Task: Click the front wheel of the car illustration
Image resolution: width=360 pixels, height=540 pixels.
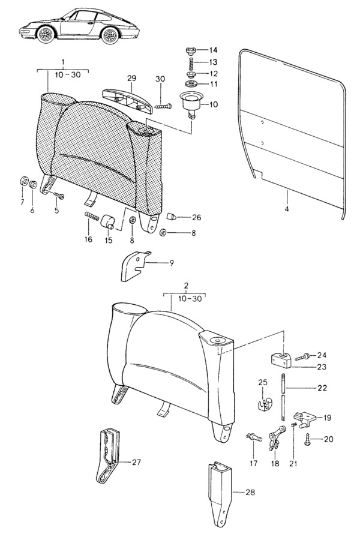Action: (46, 34)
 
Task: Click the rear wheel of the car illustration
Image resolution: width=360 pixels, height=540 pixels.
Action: (110, 35)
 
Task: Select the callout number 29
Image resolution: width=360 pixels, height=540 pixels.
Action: (131, 78)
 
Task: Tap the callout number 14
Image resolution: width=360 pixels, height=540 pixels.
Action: (213, 50)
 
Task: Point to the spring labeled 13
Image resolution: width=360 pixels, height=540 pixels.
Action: (190, 62)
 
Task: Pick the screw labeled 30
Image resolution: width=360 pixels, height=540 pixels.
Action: (163, 106)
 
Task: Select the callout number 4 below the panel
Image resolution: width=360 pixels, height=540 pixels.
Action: (287, 209)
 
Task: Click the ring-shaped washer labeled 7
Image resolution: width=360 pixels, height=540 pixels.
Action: (24, 181)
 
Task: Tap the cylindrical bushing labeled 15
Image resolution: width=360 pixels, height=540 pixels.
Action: (107, 221)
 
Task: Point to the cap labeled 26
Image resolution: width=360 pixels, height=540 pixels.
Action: (171, 217)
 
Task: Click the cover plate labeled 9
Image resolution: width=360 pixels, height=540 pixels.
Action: (134, 266)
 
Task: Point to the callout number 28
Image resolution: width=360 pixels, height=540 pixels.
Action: (250, 493)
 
